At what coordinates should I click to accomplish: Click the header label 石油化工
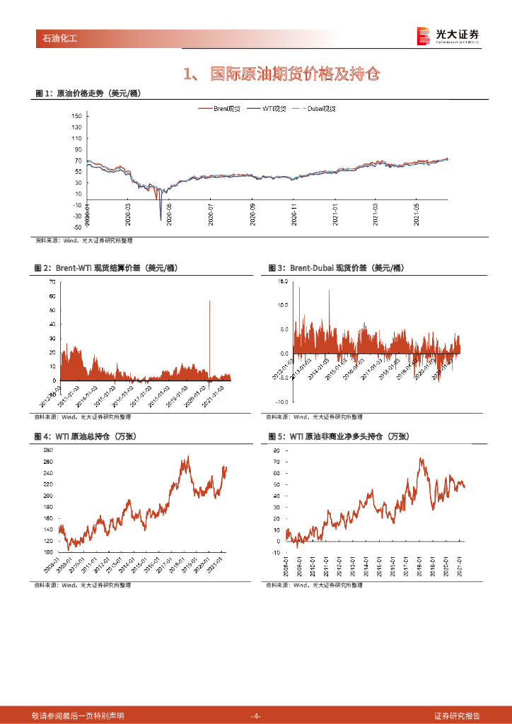tap(55, 38)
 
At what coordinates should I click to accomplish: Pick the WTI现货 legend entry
tap(272, 108)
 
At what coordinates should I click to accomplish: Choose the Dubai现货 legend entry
tap(320, 108)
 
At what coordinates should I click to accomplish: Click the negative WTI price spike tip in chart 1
tap(161, 220)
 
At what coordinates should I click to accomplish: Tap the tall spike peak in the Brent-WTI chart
tap(209, 301)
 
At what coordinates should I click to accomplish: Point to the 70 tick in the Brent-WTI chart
tap(52, 281)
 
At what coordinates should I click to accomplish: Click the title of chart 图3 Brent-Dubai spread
tap(336, 268)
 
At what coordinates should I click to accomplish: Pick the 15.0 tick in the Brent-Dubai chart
tap(282, 281)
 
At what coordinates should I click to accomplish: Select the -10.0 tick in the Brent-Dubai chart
tap(281, 401)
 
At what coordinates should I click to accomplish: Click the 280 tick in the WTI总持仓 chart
tap(49, 450)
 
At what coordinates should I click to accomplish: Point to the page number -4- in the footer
tap(256, 716)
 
